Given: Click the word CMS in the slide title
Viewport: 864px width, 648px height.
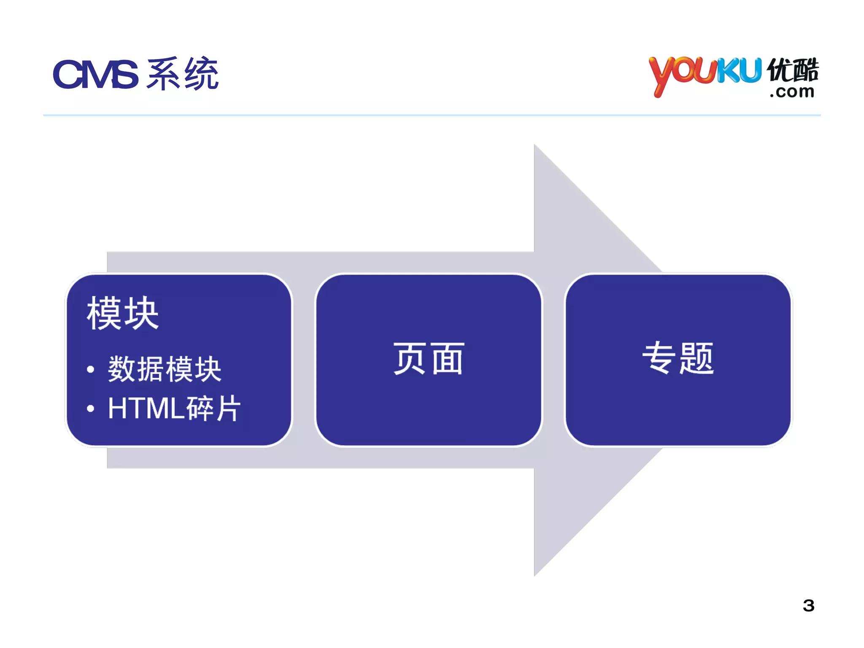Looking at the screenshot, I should [x=95, y=75].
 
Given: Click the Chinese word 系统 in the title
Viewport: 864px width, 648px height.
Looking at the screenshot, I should [x=183, y=74].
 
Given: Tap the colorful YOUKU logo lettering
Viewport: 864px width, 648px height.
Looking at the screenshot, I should [x=705, y=74].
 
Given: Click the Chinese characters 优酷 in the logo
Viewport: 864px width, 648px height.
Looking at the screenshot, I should [x=793, y=70].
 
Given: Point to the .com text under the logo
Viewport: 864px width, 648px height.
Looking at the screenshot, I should [x=792, y=92].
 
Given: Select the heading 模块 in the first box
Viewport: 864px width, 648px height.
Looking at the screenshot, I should [x=123, y=313].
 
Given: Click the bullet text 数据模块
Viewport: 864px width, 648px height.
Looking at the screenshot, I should [x=165, y=369].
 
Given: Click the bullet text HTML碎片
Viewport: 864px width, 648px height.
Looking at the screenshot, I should [x=174, y=408].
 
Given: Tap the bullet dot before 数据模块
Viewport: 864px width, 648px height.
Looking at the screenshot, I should [x=90, y=370].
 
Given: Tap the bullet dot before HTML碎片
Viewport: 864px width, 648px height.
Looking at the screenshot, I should [x=90, y=408].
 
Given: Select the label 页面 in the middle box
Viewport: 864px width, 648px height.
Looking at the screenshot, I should [x=429, y=359].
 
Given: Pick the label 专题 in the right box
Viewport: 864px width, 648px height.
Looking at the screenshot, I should [x=678, y=358].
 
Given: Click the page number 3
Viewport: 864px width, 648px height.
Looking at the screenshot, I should [x=808, y=605].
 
